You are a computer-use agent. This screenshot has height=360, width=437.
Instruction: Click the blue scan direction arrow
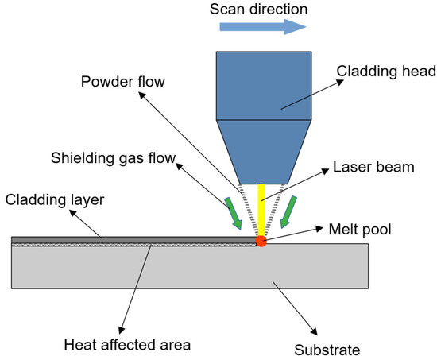point(262,27)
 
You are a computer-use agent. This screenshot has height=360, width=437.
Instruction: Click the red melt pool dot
point(261,240)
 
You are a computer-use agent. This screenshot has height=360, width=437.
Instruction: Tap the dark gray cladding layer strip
point(127,239)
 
